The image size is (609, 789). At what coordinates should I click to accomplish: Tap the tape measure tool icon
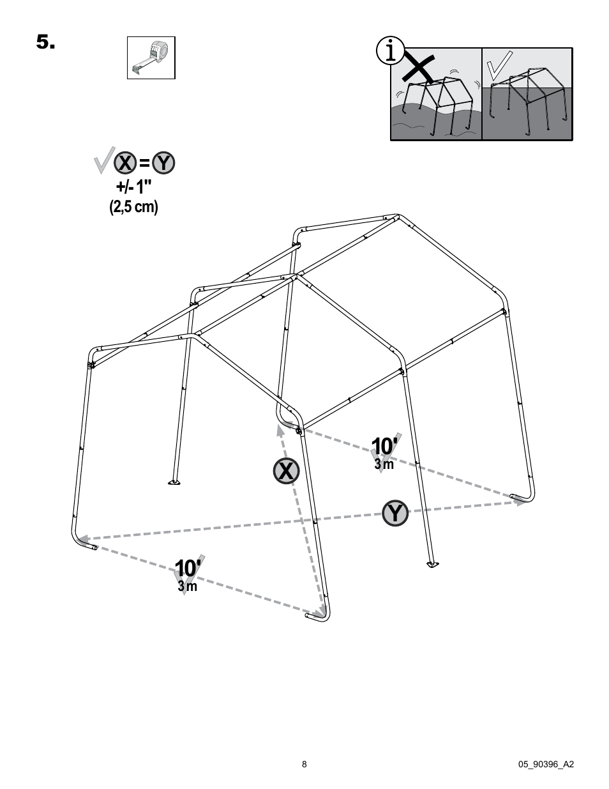coord(151,57)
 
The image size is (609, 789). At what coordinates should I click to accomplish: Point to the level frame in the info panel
coord(528,100)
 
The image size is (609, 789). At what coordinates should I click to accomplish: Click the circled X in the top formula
coord(124,163)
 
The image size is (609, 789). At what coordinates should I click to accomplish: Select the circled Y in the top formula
coord(163,163)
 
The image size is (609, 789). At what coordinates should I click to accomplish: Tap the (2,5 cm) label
coord(134,207)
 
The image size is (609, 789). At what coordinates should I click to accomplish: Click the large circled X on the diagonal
coord(287,471)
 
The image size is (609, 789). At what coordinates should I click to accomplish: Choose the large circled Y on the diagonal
coord(396,513)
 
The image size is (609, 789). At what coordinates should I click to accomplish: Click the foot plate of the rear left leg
coord(173,482)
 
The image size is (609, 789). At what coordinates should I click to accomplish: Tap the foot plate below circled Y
coord(432,564)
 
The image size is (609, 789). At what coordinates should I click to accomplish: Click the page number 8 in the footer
coord(304,764)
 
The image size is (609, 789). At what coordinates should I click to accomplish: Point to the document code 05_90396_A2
coord(546,764)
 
